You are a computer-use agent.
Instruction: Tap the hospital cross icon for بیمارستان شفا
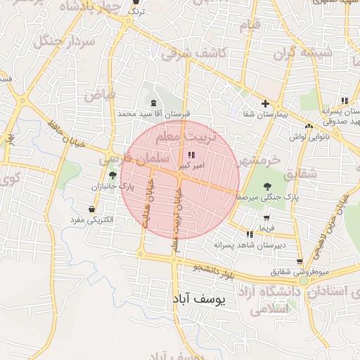[265, 103]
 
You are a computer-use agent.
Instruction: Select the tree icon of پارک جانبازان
[112, 175]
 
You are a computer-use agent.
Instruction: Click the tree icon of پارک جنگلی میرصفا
[266, 186]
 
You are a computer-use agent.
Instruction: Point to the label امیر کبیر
[192, 165]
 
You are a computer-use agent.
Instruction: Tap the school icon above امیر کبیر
[192, 155]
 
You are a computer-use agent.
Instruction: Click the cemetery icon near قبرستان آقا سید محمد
[153, 103]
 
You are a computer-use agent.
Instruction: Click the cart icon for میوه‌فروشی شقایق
[300, 262]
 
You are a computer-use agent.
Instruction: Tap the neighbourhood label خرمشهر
[257, 159]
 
